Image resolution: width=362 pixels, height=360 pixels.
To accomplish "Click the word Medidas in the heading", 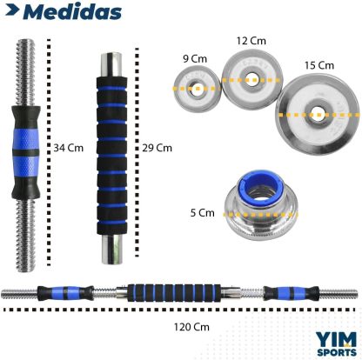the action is tap(72, 12).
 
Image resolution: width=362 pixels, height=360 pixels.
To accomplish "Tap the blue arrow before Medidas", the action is tap(12, 10).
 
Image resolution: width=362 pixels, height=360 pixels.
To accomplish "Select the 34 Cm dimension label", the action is tap(69, 148).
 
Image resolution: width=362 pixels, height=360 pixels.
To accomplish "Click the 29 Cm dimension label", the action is tap(157, 148).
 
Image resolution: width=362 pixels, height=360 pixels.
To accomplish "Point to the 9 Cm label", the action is tap(195, 59).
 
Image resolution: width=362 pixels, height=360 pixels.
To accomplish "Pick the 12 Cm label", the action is tap(251, 41).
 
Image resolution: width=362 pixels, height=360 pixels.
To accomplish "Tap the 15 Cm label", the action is tap(319, 65).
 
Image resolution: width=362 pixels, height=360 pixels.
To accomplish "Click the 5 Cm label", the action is tap(203, 213).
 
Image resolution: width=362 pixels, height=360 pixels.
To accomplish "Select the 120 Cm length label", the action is tap(191, 327).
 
